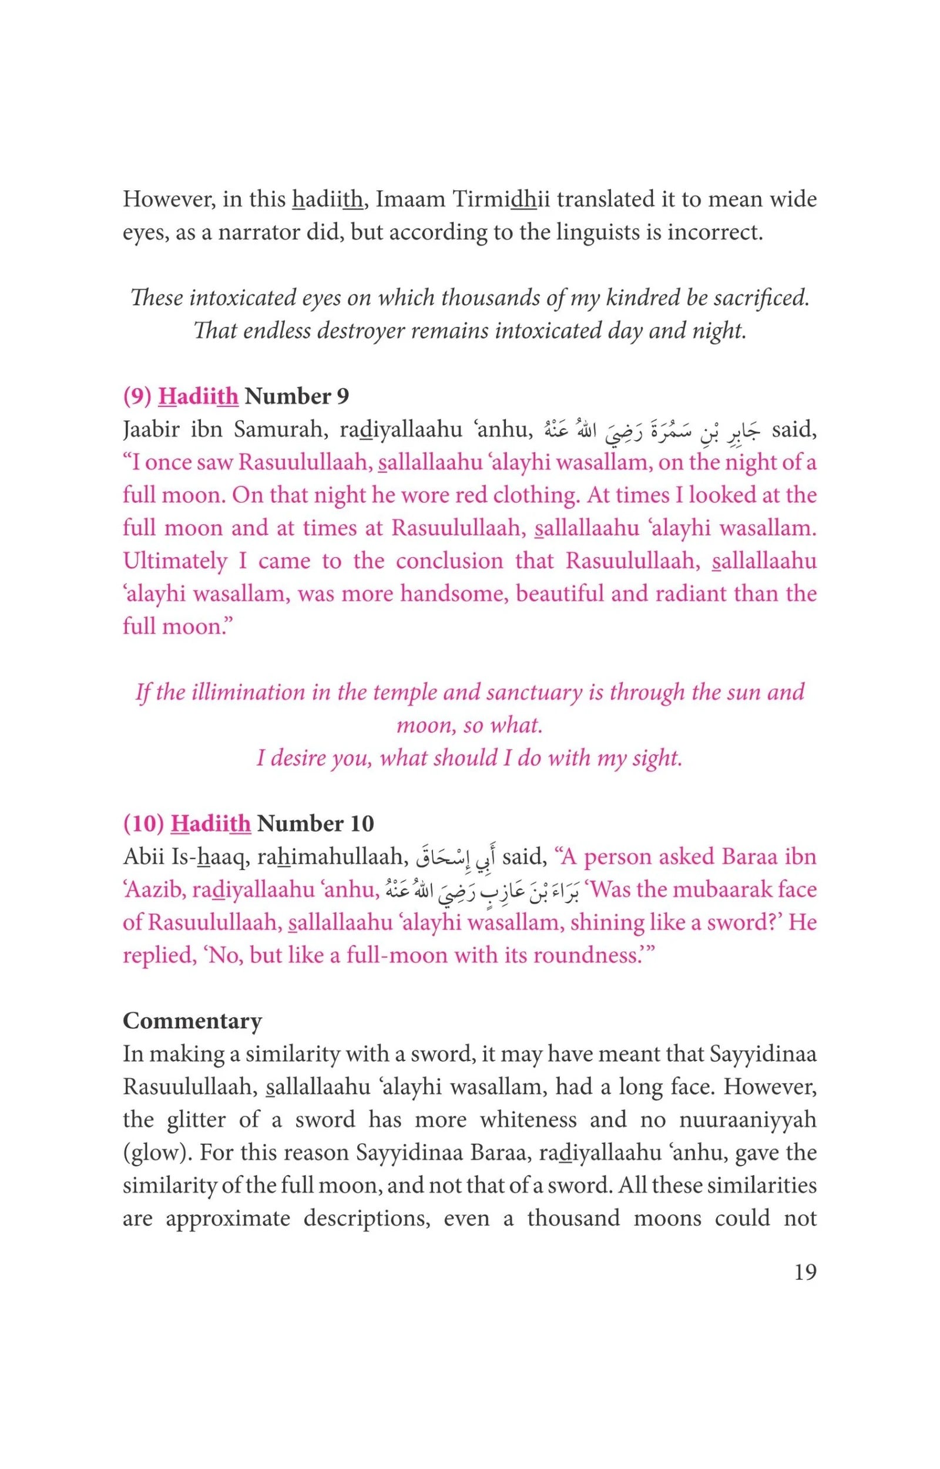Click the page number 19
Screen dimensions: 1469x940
point(805,1272)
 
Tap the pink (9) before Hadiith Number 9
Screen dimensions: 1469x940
point(137,397)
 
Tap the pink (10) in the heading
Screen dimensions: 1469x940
point(143,824)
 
